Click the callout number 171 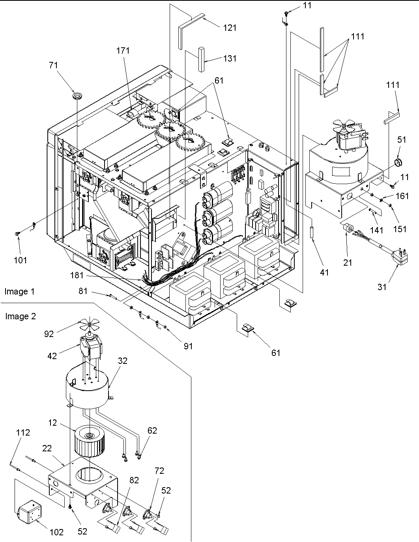[123, 50]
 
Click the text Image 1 [19, 292]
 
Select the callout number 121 [230, 27]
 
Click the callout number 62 [152, 430]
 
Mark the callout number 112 [23, 433]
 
